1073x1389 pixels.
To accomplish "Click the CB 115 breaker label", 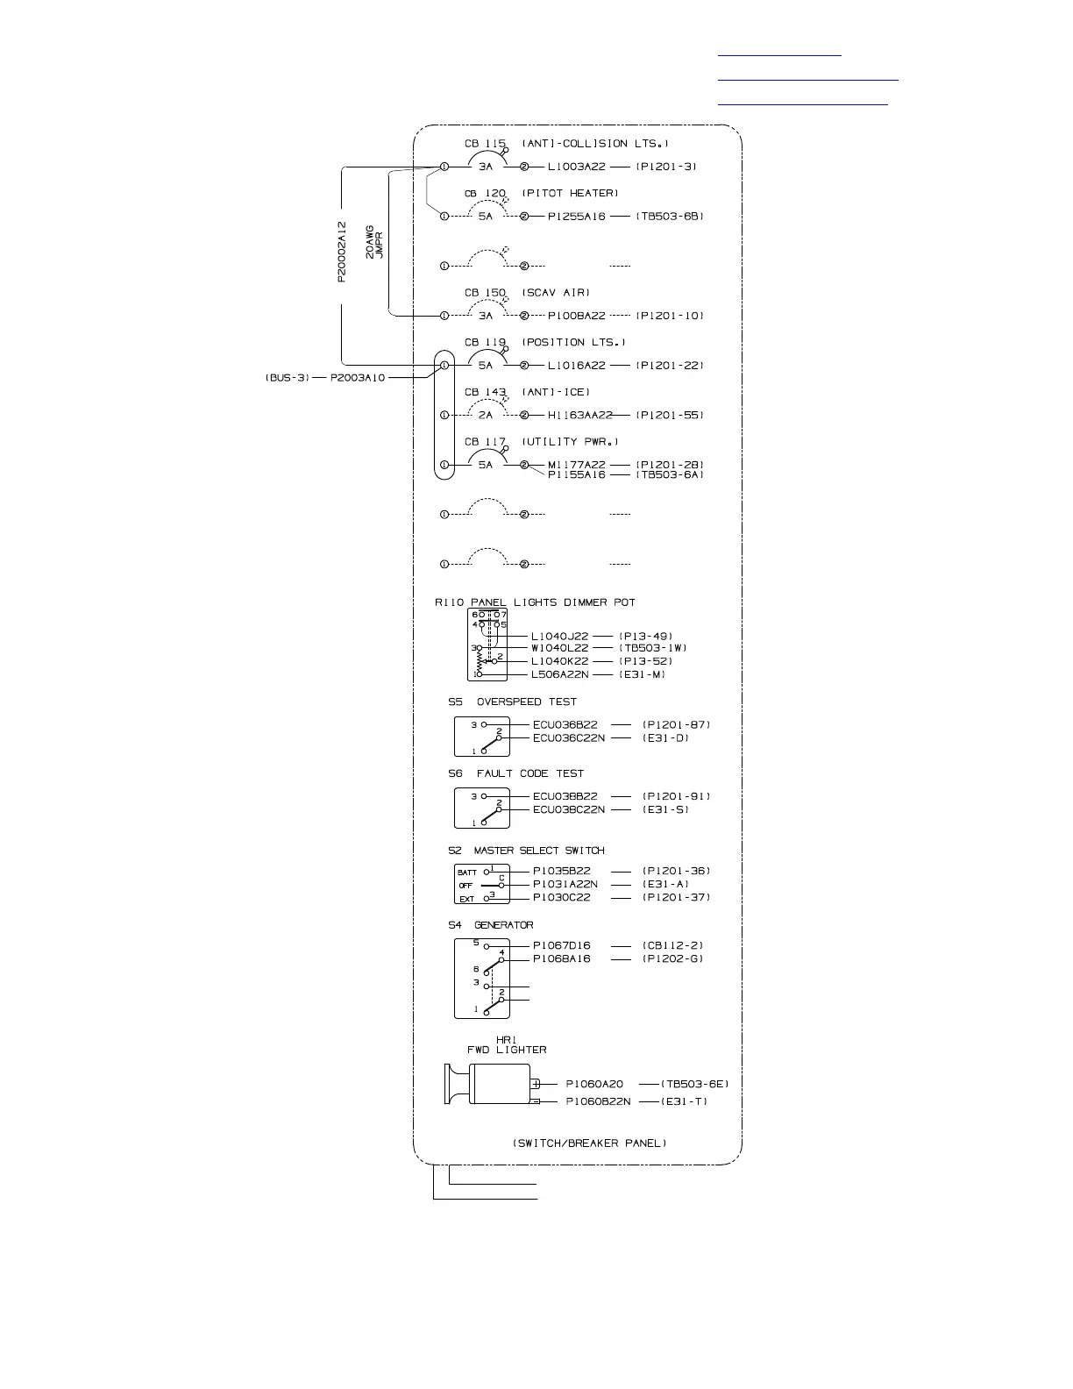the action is tap(485, 144).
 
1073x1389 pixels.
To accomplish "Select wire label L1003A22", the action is tap(576, 167).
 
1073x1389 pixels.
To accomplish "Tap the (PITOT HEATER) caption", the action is tap(570, 193).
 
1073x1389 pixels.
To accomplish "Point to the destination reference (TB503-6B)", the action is tap(669, 216).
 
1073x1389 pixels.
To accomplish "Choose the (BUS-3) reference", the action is tap(287, 378).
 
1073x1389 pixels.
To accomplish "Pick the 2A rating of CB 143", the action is tap(486, 415).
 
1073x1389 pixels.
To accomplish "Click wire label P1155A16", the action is tap(576, 474).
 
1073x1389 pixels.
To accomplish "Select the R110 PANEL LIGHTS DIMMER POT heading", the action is tap(534, 602).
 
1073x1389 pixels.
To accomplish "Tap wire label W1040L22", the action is tap(559, 648).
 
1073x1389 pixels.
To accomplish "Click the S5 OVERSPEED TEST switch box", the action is tap(481, 737).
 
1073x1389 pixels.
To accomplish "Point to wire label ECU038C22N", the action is tap(568, 808).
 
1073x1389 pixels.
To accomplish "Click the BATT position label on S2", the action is tap(466, 873).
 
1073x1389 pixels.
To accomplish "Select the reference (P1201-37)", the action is tap(676, 897).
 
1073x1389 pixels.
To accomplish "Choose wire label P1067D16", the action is tap(561, 945).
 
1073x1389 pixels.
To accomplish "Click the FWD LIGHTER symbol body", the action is tap(500, 1085).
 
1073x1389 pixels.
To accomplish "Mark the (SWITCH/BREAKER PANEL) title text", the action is tap(589, 1143).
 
